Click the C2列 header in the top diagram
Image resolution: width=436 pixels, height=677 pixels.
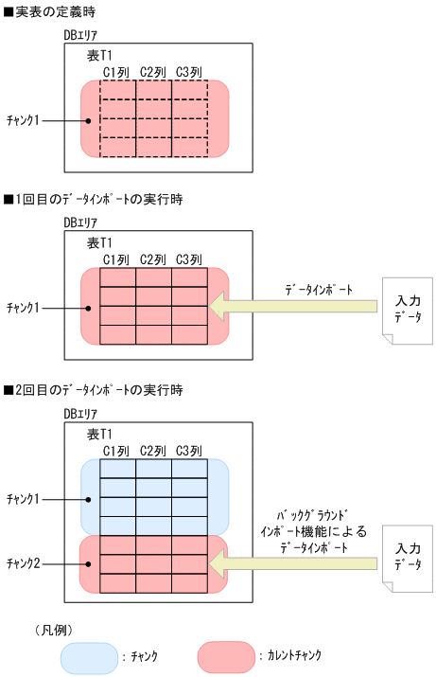tap(153, 71)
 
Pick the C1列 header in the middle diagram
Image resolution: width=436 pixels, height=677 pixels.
tap(116, 259)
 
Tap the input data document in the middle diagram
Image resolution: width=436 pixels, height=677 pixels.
tap(407, 309)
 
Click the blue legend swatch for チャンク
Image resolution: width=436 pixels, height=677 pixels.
tap(89, 656)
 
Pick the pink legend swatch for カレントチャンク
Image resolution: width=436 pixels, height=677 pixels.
tap(226, 656)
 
